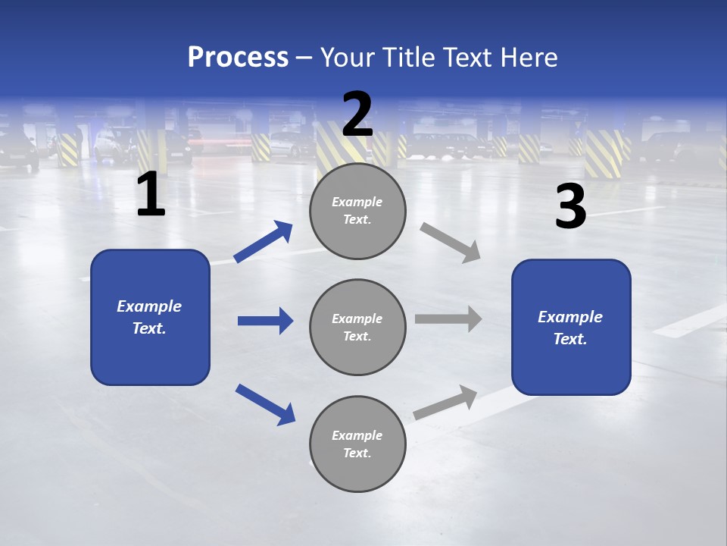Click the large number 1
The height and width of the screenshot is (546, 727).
(x=151, y=195)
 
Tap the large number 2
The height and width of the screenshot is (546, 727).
(x=357, y=115)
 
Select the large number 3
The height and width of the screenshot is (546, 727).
(x=570, y=206)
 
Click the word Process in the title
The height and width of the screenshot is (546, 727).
(x=238, y=57)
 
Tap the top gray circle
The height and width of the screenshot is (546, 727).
(x=357, y=211)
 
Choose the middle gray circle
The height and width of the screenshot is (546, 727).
(x=357, y=327)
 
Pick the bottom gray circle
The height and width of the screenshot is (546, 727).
(x=357, y=444)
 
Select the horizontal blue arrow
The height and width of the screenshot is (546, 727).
(x=265, y=321)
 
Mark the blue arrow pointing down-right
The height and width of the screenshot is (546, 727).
(x=265, y=404)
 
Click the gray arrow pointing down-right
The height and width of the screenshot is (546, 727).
(x=450, y=243)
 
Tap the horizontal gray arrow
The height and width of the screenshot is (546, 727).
(x=448, y=318)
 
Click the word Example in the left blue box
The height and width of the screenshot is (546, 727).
(x=149, y=306)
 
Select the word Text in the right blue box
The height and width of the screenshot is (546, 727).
(x=569, y=339)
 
